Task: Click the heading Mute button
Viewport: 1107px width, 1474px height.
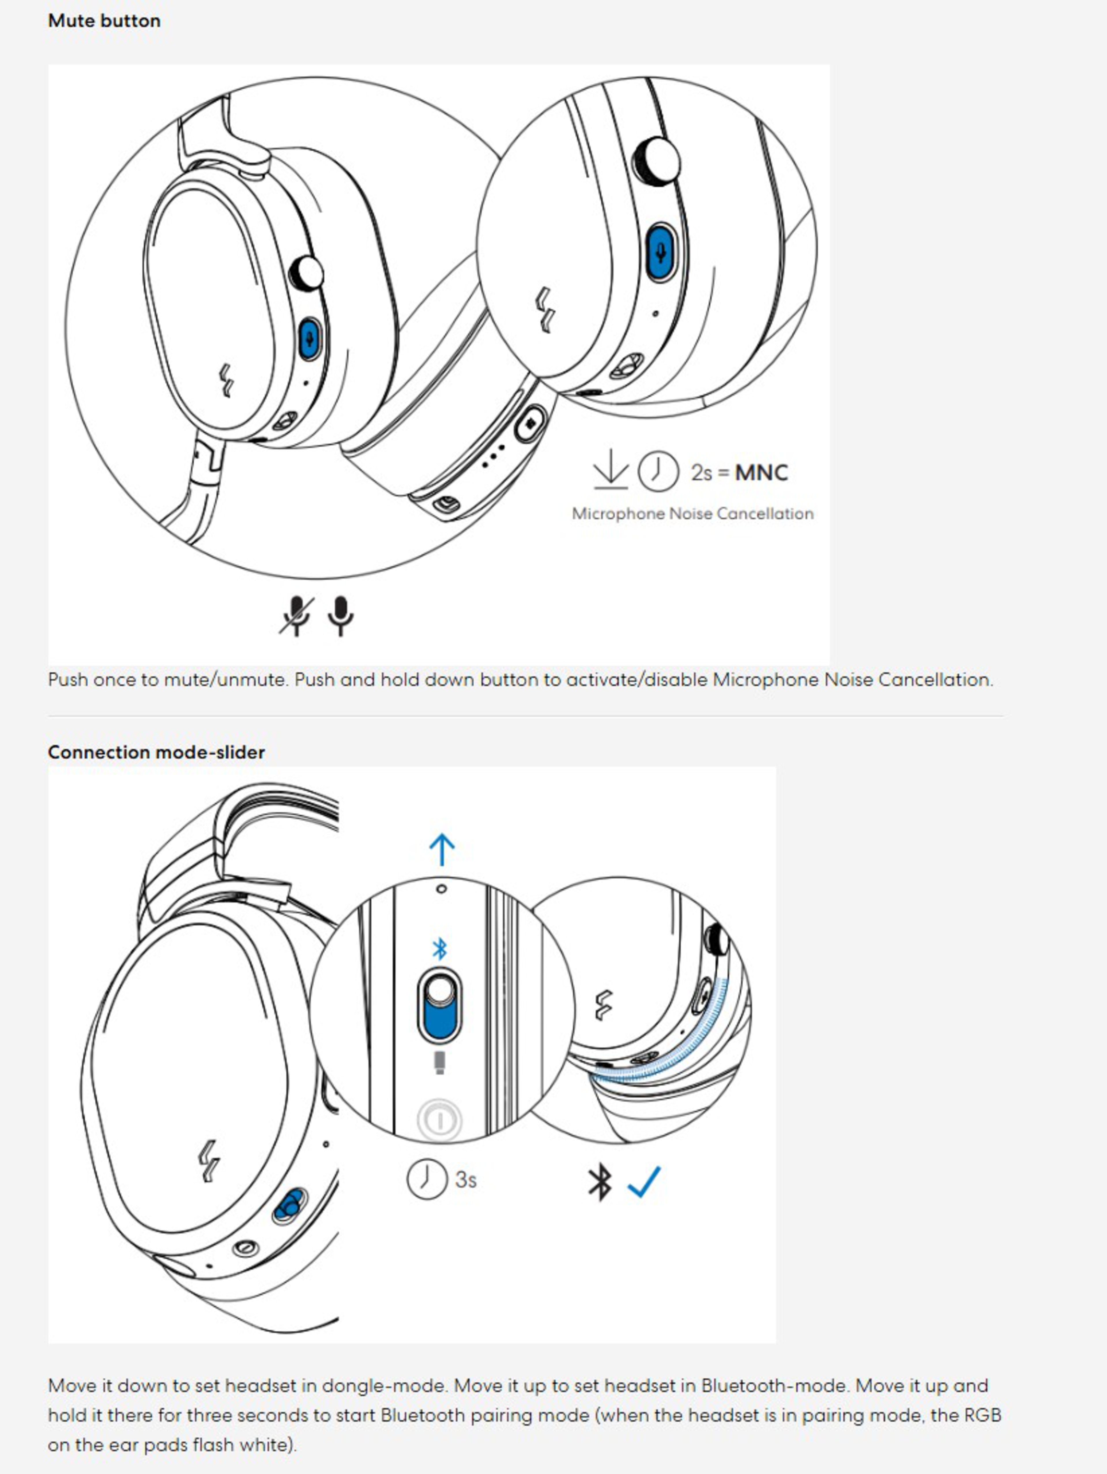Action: [x=104, y=21]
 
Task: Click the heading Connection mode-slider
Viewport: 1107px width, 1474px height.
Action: [x=156, y=752]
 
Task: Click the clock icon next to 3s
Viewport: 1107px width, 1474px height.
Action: [x=427, y=1179]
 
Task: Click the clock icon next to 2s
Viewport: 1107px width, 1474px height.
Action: [x=658, y=472]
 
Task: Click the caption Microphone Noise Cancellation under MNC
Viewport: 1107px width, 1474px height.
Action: [x=692, y=514]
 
